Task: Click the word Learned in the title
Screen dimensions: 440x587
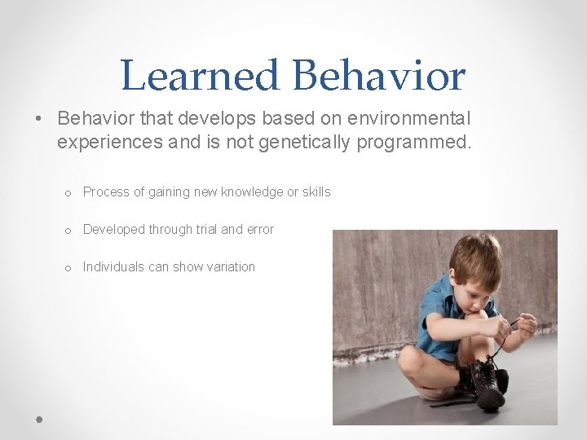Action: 200,76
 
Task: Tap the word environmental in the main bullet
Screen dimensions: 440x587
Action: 408,118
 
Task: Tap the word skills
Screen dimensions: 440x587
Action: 316,192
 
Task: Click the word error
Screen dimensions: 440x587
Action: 258,230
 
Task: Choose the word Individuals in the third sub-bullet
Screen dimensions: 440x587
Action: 113,267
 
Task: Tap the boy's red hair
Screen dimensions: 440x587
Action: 475,255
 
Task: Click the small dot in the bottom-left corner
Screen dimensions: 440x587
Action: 38,417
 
